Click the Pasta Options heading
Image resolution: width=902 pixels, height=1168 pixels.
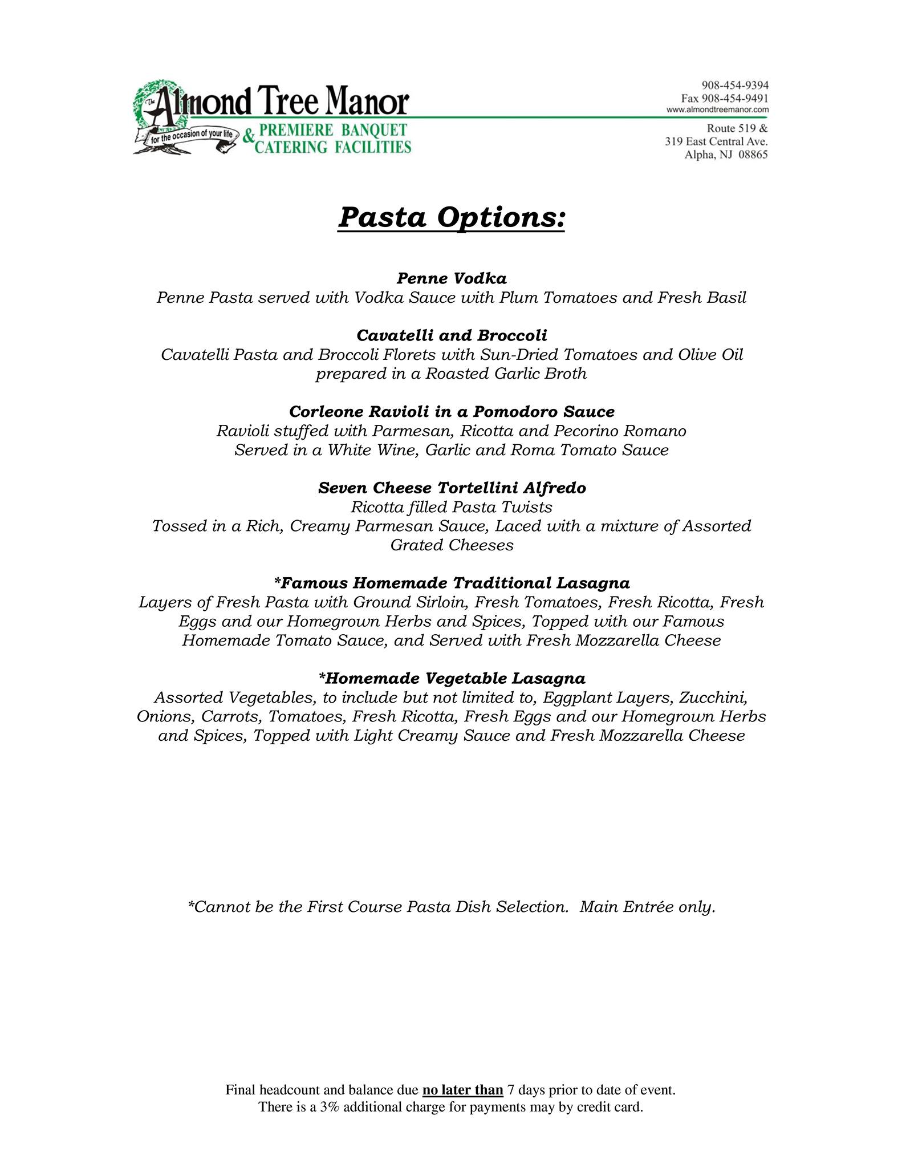[451, 218]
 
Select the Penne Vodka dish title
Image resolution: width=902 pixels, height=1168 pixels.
[451, 278]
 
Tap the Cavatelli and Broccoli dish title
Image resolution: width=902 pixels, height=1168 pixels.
[451, 335]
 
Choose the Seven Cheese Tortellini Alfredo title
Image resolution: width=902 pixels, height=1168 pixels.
[451, 488]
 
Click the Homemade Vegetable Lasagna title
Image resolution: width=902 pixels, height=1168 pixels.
[451, 678]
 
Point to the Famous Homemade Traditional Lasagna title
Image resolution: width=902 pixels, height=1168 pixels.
[451, 583]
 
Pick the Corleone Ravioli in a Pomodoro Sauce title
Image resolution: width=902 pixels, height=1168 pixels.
[451, 411]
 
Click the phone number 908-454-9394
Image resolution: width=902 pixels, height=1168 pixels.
[734, 85]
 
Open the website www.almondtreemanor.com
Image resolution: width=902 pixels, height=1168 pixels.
[717, 109]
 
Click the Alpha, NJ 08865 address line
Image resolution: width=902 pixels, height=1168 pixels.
[726, 155]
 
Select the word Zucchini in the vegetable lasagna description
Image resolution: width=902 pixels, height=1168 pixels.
[720, 697]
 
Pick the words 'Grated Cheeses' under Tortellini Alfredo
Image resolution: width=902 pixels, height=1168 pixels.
[452, 545]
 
